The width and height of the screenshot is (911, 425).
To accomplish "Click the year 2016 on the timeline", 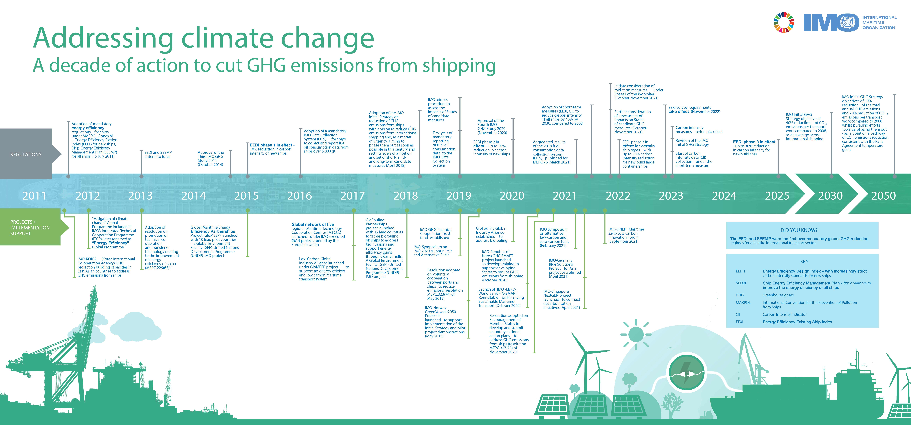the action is click(x=300, y=196).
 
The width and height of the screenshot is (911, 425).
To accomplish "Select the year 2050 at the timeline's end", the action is click(x=883, y=196).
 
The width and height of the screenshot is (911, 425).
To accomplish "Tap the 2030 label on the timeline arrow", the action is click(x=830, y=196).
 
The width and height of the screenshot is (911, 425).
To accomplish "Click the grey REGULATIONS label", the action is click(x=26, y=155).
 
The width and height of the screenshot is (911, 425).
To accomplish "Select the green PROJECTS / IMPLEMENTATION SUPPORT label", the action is click(x=30, y=228).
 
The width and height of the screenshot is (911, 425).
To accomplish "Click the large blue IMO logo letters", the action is click(x=831, y=23).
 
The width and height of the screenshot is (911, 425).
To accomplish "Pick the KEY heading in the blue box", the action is click(x=804, y=262).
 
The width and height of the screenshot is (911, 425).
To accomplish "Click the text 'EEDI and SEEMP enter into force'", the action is click(x=158, y=155).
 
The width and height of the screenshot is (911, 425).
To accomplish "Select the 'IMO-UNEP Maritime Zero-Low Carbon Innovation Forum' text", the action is click(x=626, y=235).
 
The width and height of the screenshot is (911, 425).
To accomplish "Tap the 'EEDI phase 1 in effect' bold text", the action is click(x=271, y=145).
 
